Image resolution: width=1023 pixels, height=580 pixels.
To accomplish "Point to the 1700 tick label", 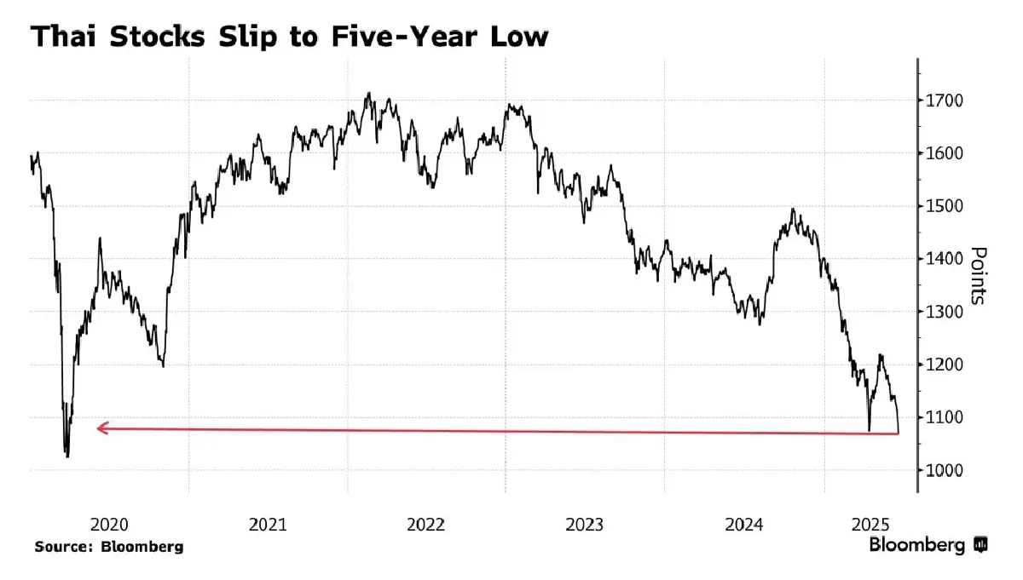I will [945, 100].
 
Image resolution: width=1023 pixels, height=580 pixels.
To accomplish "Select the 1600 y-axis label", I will [945, 153].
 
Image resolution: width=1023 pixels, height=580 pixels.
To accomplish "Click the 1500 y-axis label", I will [945, 206].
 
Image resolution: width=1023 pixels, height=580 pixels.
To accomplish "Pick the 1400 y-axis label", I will [945, 259].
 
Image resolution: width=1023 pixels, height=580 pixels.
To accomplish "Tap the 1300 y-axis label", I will [945, 312].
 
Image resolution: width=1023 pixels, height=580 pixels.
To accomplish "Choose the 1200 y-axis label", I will [945, 365].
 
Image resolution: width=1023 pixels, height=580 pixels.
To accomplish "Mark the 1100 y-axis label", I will [945, 417].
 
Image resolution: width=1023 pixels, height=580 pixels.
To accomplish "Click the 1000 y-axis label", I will [945, 470].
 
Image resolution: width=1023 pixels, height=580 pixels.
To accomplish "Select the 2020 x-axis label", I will [108, 525].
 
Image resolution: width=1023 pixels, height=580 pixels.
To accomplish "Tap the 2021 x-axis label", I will [268, 525].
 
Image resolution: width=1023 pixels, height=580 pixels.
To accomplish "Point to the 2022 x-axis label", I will [426, 525].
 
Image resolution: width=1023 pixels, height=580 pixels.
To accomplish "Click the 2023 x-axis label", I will [585, 525].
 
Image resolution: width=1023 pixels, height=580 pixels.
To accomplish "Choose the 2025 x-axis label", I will [872, 525].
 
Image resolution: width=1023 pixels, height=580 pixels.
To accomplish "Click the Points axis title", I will [979, 276].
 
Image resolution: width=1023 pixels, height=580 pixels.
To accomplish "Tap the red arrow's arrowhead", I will [101, 428].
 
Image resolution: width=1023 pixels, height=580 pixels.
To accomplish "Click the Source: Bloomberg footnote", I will [109, 547].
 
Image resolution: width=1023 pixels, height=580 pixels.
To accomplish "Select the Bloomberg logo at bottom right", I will [928, 545].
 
